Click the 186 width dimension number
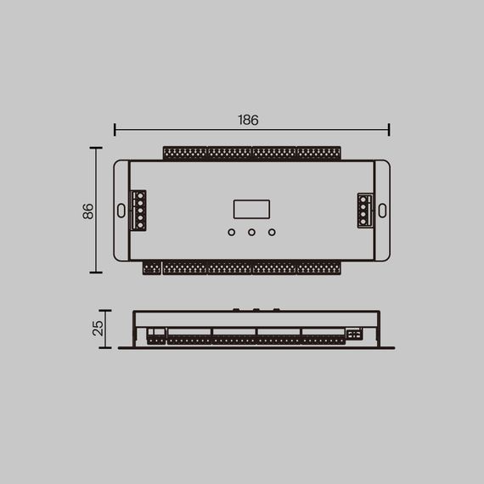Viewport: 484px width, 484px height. [x=248, y=120]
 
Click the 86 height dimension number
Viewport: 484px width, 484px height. [x=87, y=211]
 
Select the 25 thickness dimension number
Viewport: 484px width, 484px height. [x=98, y=327]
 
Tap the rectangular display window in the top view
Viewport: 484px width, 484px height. [x=251, y=210]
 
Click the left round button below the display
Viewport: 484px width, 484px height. [x=231, y=232]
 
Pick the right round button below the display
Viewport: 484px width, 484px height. [x=272, y=232]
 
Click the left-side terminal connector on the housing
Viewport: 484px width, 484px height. [x=138, y=210]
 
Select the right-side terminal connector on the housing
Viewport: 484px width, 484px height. [x=364, y=210]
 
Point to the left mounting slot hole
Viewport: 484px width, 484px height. [x=121, y=210]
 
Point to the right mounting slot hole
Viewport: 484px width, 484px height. [x=382, y=210]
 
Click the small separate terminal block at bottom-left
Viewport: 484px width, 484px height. [x=151, y=268]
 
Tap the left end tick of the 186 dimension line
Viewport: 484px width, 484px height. [x=115, y=129]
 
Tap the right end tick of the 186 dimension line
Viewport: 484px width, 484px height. [x=389, y=129]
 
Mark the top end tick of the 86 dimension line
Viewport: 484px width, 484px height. [x=96, y=148]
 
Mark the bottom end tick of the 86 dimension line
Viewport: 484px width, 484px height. [x=96, y=273]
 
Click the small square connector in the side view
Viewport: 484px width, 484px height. [x=354, y=335]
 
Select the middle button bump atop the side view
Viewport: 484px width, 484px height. [x=253, y=309]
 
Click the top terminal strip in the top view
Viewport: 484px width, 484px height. [x=251, y=153]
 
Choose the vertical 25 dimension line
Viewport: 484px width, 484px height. [x=105, y=329]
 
